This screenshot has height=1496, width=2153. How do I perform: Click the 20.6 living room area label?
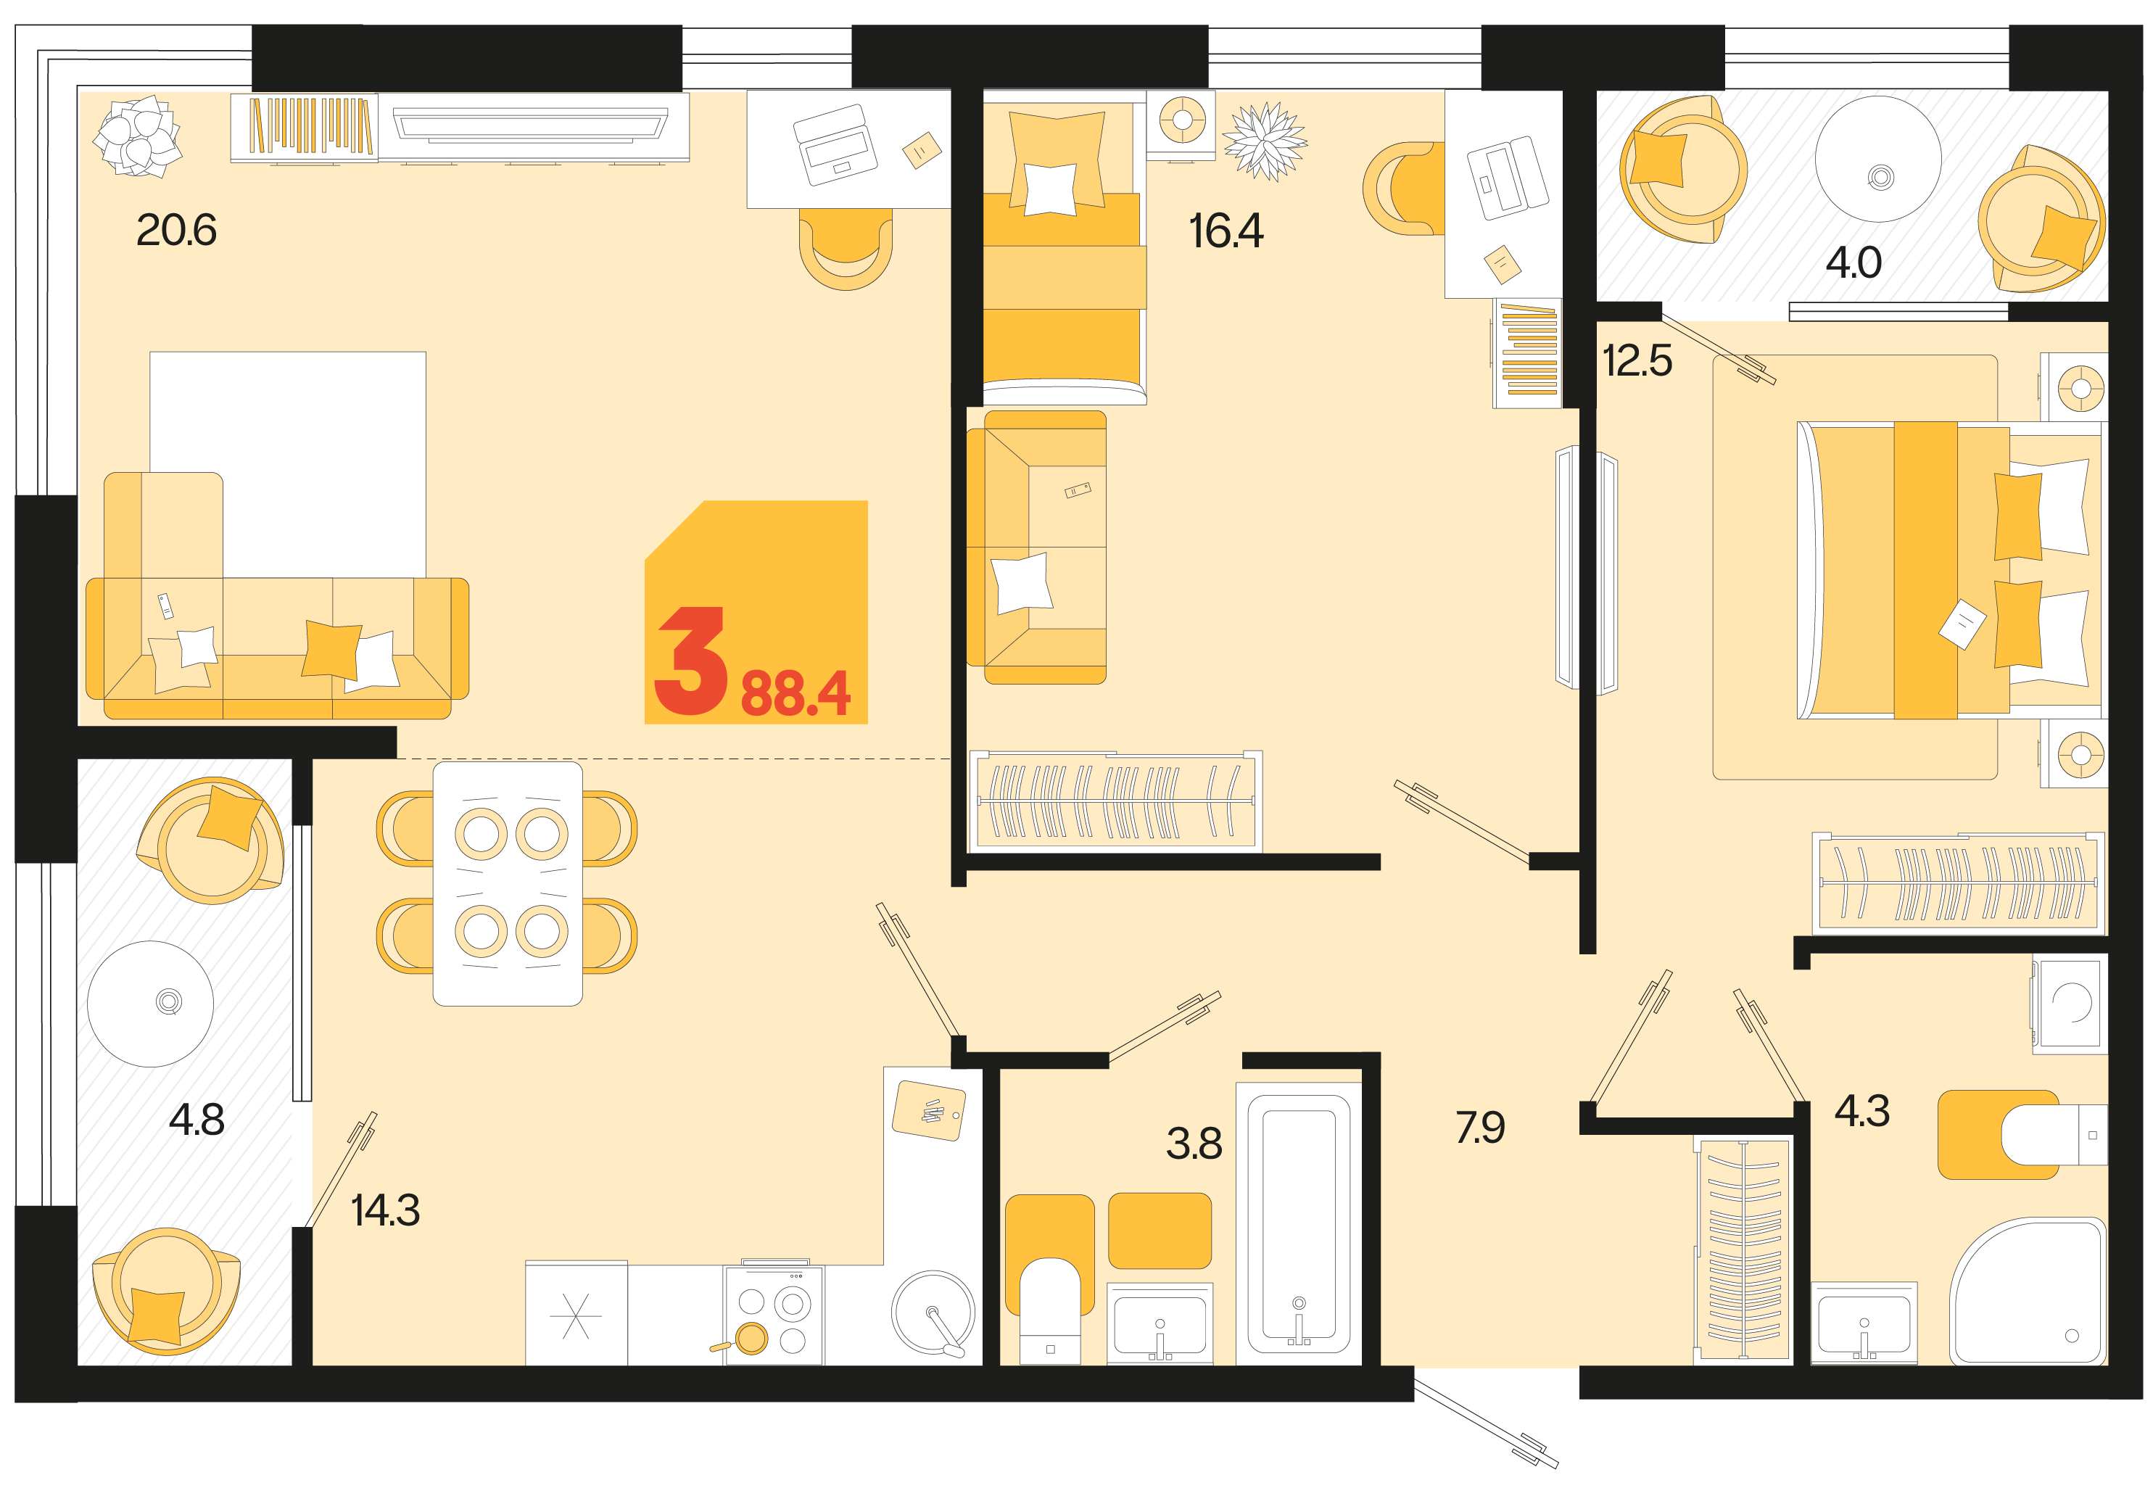coord(176,230)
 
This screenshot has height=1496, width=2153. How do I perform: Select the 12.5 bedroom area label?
coord(1637,361)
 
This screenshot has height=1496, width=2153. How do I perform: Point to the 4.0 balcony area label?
coord(1852,263)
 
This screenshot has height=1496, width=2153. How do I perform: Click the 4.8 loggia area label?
coord(196,1119)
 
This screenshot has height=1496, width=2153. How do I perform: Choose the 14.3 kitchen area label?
coord(384,1210)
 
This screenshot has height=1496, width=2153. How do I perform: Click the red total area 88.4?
coord(795,694)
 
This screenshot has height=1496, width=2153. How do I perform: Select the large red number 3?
coord(691,661)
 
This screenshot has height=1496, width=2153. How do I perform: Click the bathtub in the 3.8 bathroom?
coord(1298,1224)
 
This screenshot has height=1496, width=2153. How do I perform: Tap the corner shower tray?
coord(2028,1292)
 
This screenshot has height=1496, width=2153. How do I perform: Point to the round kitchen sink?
coord(933,1313)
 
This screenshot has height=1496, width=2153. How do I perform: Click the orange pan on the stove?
coord(750,1339)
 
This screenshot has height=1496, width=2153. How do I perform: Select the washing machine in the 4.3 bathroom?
coord(2070,1003)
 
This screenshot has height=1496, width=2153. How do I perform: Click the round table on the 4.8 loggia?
coord(150,1004)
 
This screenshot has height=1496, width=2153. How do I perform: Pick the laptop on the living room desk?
coord(835,144)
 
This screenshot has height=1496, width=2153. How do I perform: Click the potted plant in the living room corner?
coord(138,136)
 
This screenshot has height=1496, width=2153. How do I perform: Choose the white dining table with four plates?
coord(507,884)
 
